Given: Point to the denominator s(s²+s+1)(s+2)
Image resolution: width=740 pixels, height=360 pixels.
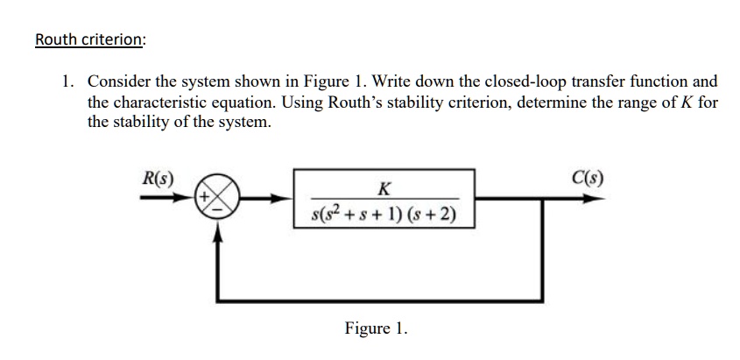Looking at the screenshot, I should point(383,214).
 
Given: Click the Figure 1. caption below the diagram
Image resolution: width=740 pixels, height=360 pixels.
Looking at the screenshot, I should point(376,328).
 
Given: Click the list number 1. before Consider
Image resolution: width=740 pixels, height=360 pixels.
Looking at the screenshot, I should point(67,82).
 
